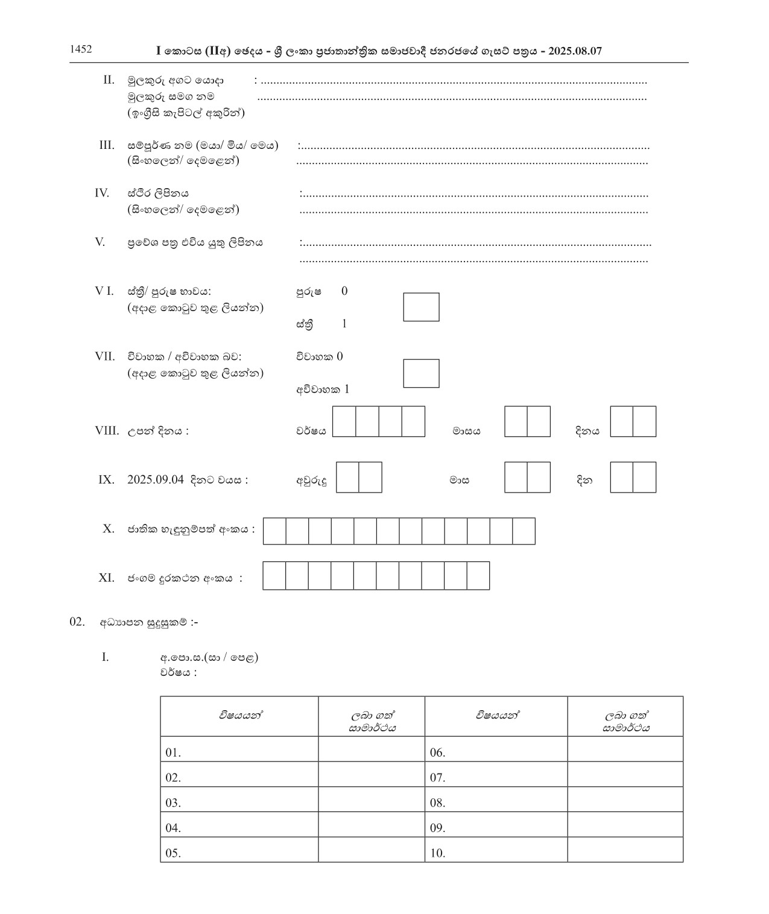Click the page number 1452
coord(81,49)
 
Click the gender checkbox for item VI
coord(421,307)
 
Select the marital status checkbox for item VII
coord(421,373)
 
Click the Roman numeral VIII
coord(107,431)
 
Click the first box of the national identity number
coord(274,531)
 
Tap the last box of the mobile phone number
coord(478,576)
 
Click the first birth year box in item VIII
coord(344,421)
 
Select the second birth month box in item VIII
coord(539,421)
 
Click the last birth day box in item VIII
coord(644,421)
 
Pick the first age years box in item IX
coord(347,477)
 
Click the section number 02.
coord(77,622)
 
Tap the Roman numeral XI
coord(106,578)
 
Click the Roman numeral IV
coord(102,193)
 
